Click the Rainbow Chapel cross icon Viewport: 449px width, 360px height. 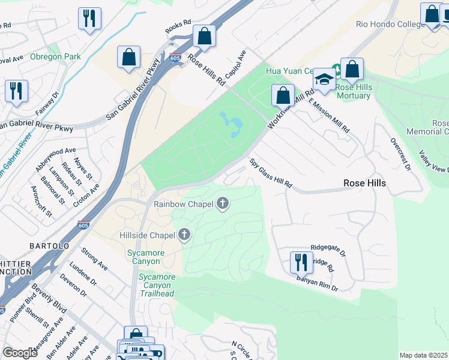[223, 204]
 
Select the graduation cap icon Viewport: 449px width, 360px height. [324, 80]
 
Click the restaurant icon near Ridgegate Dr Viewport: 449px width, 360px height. [301, 262]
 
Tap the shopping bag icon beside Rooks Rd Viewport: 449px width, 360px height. [204, 37]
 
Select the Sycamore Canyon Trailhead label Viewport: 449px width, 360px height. [157, 285]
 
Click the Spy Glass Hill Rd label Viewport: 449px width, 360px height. [271, 173]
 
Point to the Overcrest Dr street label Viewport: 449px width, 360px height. [399, 155]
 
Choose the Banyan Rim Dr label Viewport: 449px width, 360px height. [317, 284]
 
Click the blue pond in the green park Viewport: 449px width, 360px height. [232, 123]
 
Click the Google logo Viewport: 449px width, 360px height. [20, 353]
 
